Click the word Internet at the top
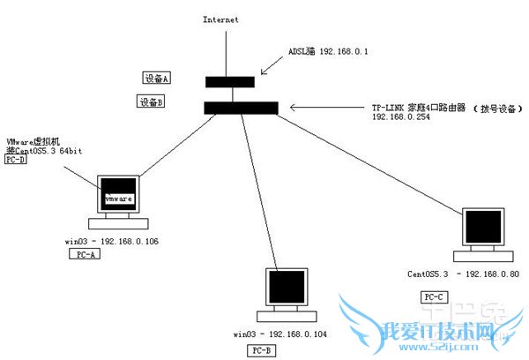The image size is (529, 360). tap(220, 19)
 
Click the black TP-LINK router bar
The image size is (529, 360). tap(241, 108)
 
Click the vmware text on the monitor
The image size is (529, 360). tap(119, 200)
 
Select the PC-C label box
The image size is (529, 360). tap(435, 297)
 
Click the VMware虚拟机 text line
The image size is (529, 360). tap(34, 142)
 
